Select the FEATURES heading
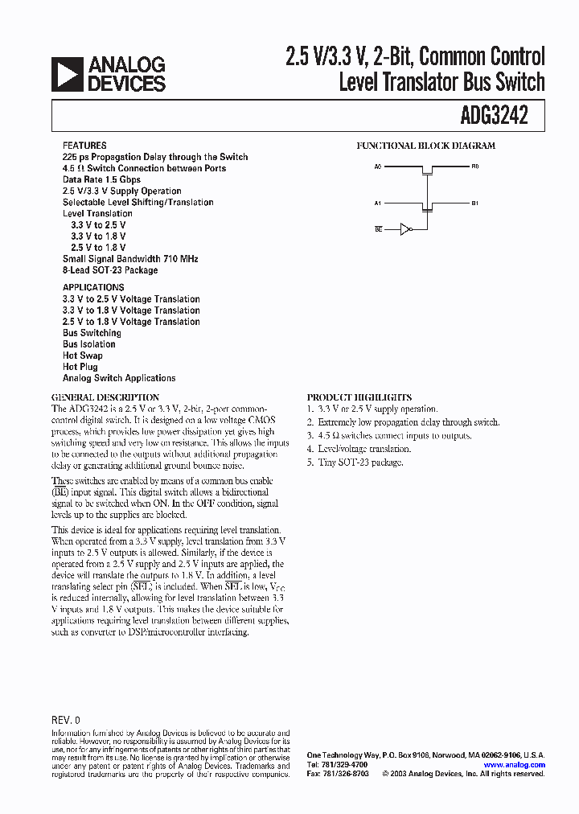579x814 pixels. pyautogui.click(x=84, y=146)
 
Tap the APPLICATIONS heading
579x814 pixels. pyautogui.click(x=93, y=287)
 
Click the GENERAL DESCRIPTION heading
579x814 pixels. pyautogui.click(x=105, y=397)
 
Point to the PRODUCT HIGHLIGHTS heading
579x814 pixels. pyautogui.click(x=359, y=397)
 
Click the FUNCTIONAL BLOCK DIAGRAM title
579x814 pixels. pyautogui.click(x=426, y=146)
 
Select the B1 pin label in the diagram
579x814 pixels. pyautogui.click(x=475, y=203)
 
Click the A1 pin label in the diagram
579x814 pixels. pyautogui.click(x=378, y=203)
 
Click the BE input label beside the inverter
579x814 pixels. pyautogui.click(x=378, y=229)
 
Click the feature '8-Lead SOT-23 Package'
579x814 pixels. pyautogui.click(x=110, y=270)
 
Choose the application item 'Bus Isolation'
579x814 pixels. pyautogui.click(x=89, y=344)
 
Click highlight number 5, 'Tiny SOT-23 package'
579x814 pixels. pyautogui.click(x=355, y=462)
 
